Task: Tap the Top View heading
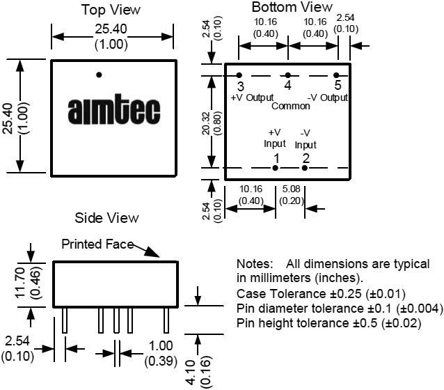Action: point(111,10)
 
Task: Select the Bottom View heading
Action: point(292,7)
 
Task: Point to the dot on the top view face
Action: point(99,75)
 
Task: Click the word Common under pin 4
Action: point(290,107)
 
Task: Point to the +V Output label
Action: point(252,98)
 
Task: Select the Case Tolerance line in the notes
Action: point(321,294)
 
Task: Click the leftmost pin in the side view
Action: point(65,320)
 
